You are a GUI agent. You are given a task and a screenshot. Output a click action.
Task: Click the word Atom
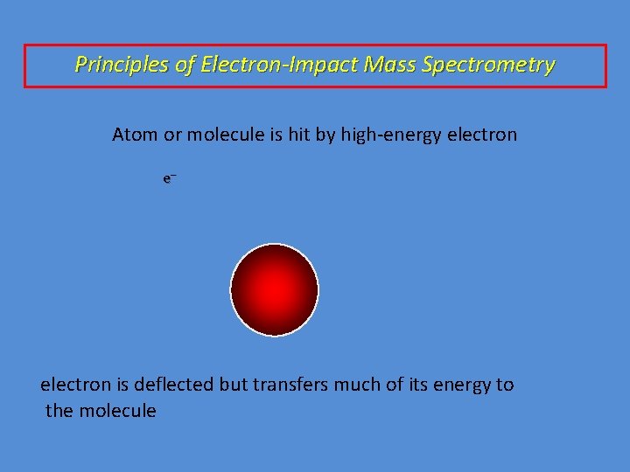pos(134,135)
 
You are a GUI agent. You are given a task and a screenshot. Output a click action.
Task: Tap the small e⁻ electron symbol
pos(170,178)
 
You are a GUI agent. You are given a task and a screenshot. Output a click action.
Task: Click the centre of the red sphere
pos(274,289)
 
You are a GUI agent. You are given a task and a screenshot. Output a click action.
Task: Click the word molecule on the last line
pos(117,411)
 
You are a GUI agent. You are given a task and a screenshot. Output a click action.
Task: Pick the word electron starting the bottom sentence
pos(76,385)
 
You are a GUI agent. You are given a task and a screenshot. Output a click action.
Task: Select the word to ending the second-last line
pos(506,385)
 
